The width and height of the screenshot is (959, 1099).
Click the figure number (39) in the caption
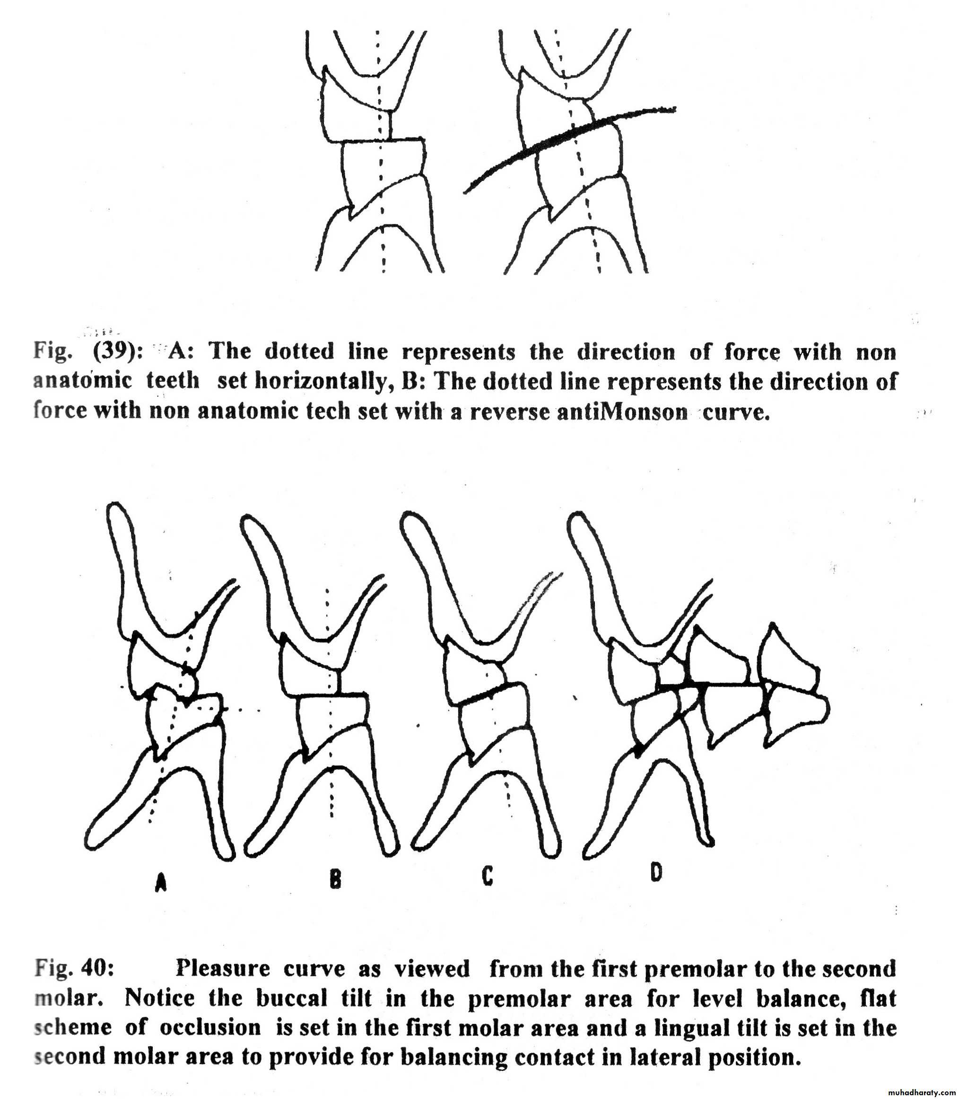118,352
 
